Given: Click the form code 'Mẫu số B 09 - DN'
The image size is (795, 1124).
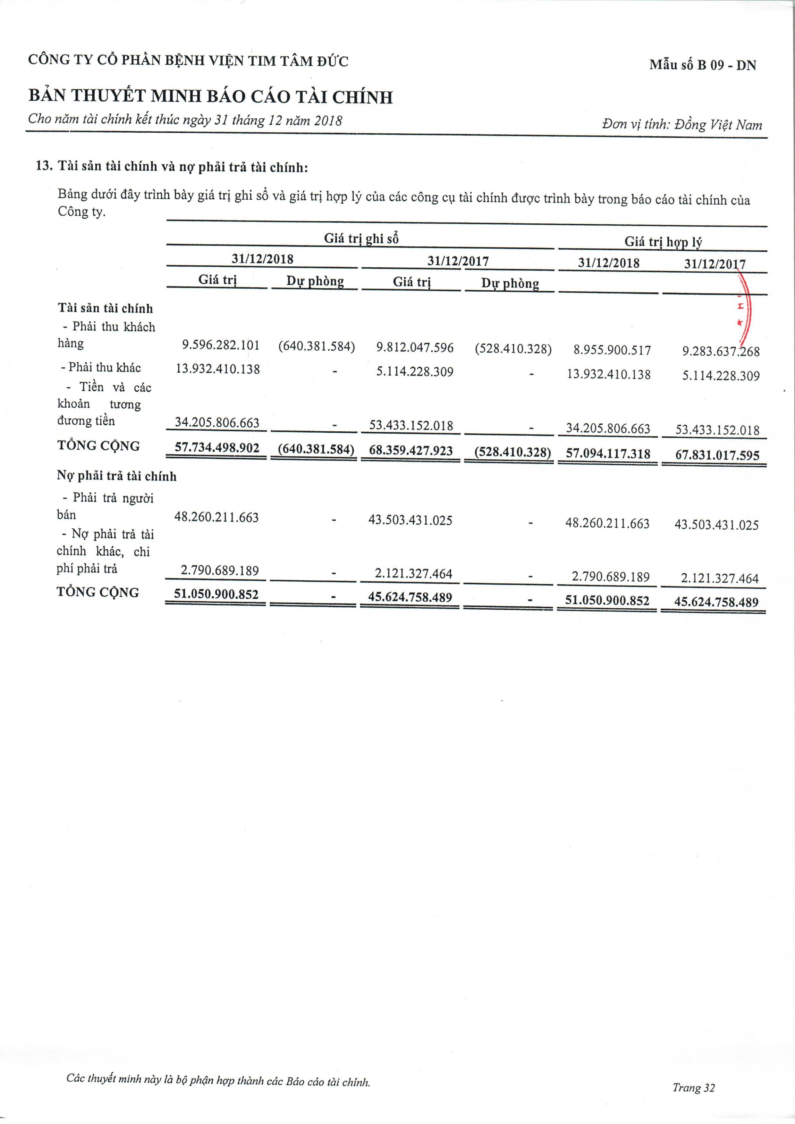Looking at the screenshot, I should point(702,65).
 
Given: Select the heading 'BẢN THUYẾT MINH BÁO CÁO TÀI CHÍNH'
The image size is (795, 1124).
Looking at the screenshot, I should point(211,96).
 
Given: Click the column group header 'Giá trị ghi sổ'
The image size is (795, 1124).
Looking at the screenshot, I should point(361,238).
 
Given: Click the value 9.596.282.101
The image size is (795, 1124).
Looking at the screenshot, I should point(221,345).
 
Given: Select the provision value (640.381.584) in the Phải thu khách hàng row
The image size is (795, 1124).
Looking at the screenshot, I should point(317,346).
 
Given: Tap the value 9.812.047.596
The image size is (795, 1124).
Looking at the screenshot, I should point(415,347).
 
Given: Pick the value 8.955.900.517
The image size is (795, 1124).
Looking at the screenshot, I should point(612,351).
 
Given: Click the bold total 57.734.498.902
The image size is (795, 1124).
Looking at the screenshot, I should point(217,448).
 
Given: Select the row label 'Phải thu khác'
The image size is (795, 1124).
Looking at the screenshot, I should point(101,367).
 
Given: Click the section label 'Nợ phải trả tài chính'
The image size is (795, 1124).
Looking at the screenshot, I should point(117,476).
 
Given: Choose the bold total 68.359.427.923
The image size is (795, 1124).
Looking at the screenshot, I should point(410,450).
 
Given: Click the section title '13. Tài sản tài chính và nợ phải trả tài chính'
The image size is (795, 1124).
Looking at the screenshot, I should point(172,167).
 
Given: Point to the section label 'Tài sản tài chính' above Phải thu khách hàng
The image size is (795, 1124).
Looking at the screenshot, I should point(105,308).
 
